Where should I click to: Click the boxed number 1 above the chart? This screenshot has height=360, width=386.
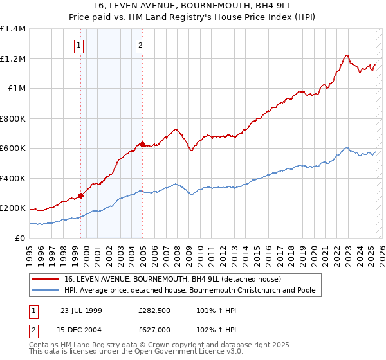coord(78,45)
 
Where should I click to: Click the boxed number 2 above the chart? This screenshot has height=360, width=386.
coord(140,45)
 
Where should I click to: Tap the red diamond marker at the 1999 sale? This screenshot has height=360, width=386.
coord(81,196)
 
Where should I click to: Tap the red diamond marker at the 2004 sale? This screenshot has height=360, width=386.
coord(143,144)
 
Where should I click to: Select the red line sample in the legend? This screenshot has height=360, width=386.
coord(46,279)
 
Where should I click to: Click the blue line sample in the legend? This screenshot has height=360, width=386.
coord(46,290)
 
